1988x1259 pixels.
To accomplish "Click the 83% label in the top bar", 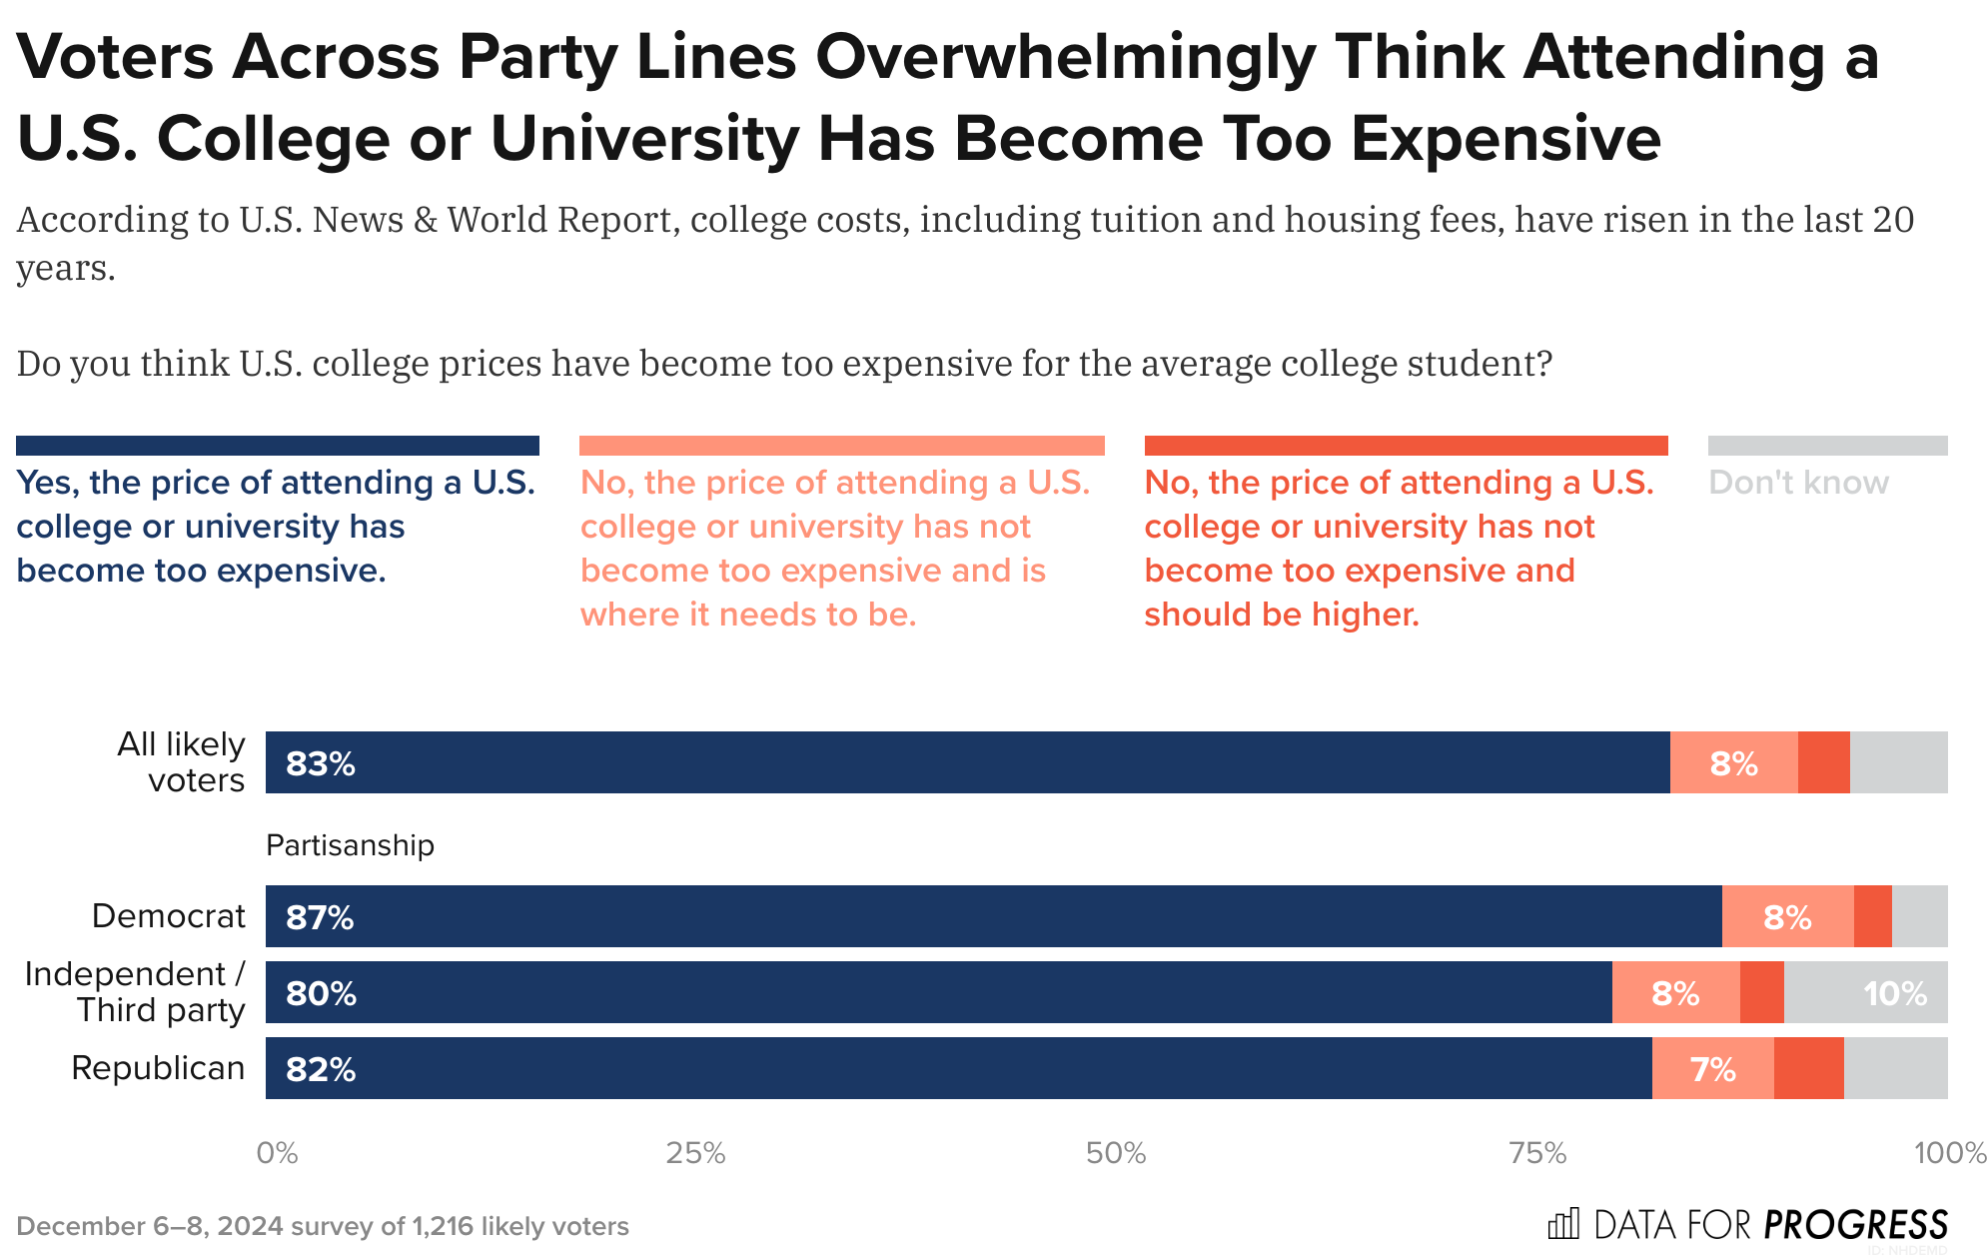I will pos(320,764).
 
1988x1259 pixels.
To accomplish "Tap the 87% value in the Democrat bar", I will pos(320,917).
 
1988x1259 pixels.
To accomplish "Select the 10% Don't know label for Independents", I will pos(1894,994).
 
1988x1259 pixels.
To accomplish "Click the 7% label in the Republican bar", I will pos(1712,1070).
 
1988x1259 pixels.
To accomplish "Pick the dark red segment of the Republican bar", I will pos(1808,1069).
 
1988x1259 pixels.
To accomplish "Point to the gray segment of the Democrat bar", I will pos(1919,916).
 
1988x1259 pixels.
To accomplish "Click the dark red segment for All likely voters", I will pos(1823,763).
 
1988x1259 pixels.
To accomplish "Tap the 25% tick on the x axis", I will pos(695,1154).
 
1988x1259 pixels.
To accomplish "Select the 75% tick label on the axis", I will pos(1537,1154).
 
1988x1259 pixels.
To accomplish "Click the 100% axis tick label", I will pos(1949,1154).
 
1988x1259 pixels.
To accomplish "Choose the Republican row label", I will pos(158,1068).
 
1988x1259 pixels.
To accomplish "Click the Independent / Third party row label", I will pos(135,991).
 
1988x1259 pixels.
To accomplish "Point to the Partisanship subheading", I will pos(350,845).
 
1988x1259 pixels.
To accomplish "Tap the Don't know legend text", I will pos(1798,483).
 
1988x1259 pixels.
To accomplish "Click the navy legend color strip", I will pos(278,446).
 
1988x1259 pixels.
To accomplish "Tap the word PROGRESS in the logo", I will pos(1855,1224).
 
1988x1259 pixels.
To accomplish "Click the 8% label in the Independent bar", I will pos(1674,994).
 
